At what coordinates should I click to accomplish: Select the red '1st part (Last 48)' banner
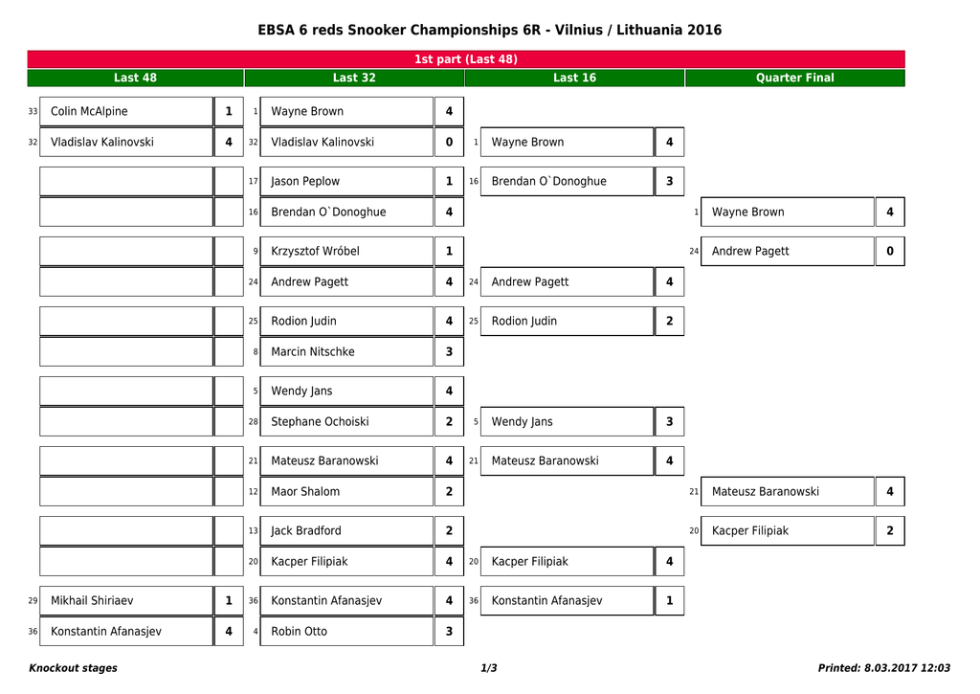click(466, 59)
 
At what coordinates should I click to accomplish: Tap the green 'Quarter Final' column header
click(794, 78)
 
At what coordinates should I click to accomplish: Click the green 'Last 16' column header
click(574, 78)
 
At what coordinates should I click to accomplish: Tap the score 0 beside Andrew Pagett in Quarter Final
click(890, 251)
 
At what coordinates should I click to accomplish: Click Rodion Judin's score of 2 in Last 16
click(669, 321)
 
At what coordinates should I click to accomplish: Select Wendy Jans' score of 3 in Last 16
click(669, 421)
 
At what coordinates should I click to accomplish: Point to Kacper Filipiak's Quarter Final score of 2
click(890, 530)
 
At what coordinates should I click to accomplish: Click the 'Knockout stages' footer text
click(74, 668)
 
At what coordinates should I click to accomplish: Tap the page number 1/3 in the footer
click(489, 668)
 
